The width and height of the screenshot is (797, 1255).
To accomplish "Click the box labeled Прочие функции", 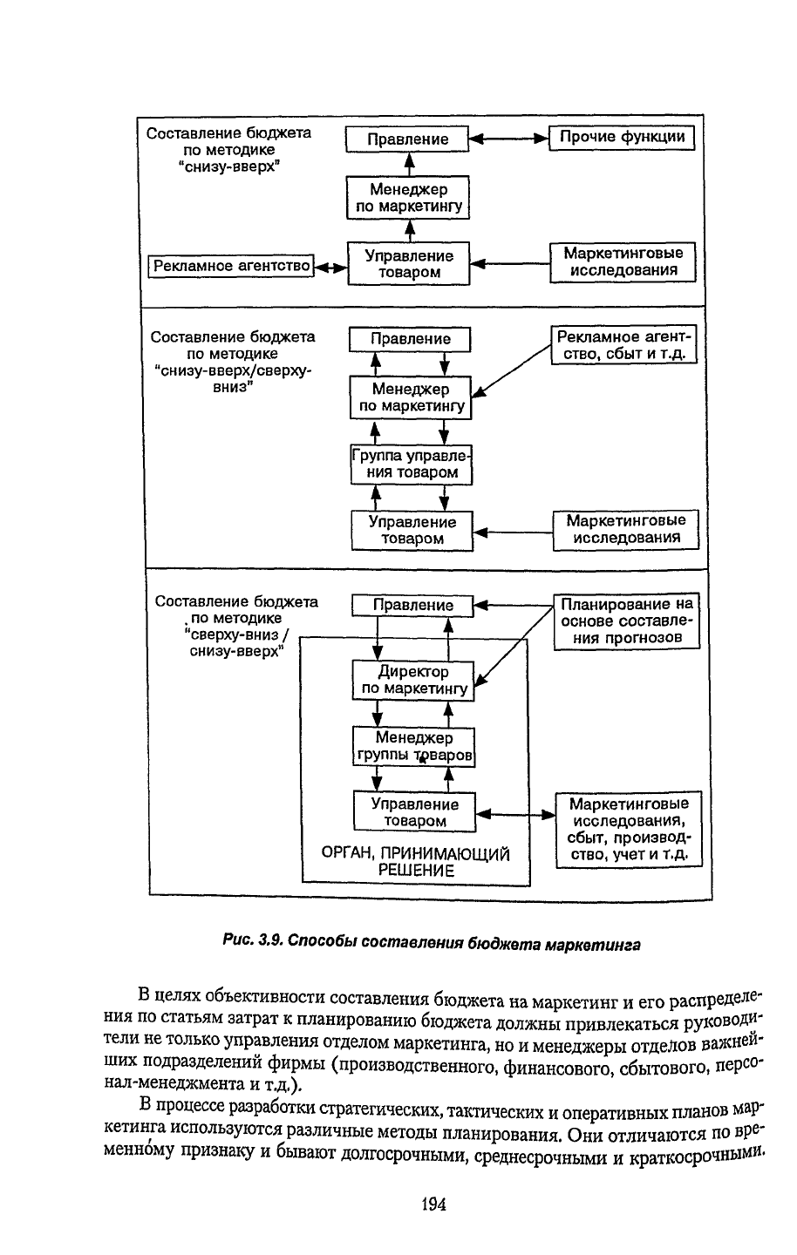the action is click(x=621, y=138).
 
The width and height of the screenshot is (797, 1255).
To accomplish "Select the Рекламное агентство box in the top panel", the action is click(x=231, y=266).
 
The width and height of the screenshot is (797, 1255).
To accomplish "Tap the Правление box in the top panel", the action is click(x=407, y=139).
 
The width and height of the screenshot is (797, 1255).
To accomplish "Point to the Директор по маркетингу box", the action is click(x=413, y=680).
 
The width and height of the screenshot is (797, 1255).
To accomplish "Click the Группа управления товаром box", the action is click(x=411, y=465).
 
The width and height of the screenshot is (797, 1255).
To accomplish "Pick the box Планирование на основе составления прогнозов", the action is click(x=627, y=621).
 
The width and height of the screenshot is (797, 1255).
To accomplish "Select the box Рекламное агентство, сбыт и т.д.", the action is click(x=623, y=344).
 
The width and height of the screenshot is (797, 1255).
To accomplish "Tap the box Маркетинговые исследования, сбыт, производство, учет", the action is click(x=629, y=830).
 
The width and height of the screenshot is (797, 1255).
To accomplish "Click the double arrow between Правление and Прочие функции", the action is click(x=508, y=139).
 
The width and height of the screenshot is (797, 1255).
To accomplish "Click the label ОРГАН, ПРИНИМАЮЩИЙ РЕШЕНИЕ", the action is click(x=415, y=862).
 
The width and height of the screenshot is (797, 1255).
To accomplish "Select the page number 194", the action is click(x=433, y=1203).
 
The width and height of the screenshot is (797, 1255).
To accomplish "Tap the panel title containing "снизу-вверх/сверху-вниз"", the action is click(x=232, y=362).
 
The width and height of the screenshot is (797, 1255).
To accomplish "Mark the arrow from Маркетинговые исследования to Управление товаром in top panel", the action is click(x=509, y=263).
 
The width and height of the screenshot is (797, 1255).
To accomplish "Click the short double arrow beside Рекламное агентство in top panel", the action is click(x=331, y=268).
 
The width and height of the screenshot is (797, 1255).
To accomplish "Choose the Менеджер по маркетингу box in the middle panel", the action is click(x=410, y=397).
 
